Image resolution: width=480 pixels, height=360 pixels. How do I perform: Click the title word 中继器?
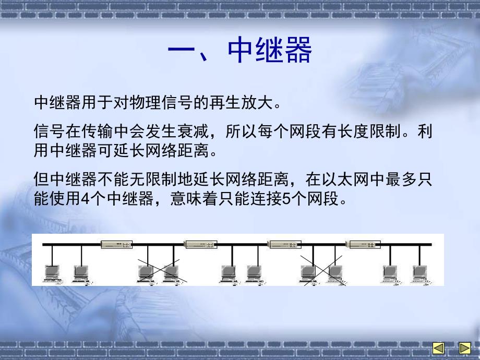pos(270,51)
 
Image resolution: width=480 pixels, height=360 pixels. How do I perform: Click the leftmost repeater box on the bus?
pos(117,244)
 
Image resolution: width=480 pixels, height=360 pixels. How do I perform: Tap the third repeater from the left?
pos(282,244)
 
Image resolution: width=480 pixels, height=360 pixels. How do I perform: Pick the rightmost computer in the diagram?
pos(419,273)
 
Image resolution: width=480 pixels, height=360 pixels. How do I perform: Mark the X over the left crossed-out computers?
pos(159,270)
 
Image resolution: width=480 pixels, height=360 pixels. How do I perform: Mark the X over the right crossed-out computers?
pos(322,270)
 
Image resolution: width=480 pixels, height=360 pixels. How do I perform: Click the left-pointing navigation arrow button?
pos(438,348)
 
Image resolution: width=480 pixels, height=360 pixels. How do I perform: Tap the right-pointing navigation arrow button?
pos(464,348)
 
